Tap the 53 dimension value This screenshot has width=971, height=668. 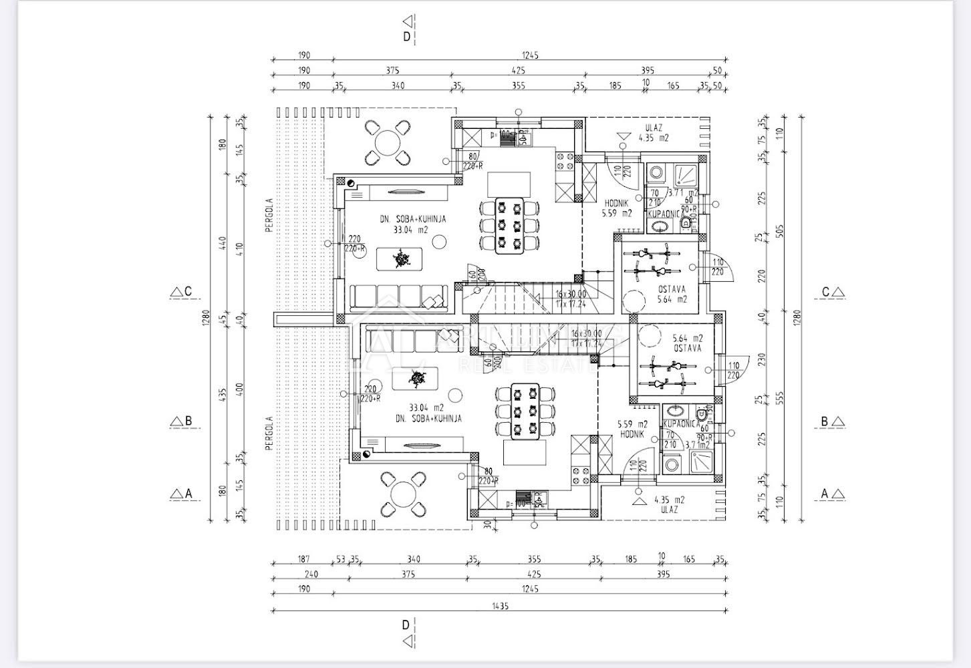point(341,559)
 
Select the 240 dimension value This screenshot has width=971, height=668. point(311,574)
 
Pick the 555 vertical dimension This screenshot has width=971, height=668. point(780,398)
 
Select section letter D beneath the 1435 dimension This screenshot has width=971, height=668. point(405,625)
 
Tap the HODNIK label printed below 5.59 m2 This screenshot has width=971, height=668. point(632,434)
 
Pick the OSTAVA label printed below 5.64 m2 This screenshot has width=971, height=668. point(688,348)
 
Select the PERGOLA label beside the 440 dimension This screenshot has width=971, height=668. point(269,214)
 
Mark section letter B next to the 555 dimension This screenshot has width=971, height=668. point(825,422)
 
